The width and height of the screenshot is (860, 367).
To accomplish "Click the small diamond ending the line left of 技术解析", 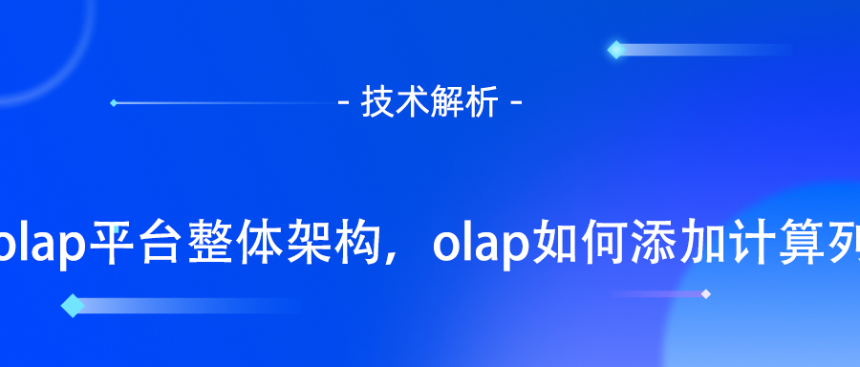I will click(x=114, y=102).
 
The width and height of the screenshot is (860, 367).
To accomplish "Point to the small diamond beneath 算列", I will click(x=705, y=293).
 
